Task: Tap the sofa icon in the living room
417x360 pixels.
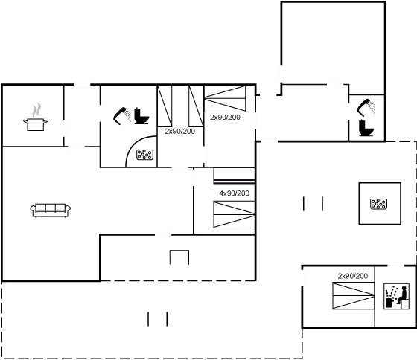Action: point(51,210)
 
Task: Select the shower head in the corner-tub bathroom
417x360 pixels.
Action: point(122,115)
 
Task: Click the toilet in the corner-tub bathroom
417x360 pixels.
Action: point(141,116)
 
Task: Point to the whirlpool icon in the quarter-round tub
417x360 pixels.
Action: point(144,155)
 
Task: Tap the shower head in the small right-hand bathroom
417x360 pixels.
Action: point(366,107)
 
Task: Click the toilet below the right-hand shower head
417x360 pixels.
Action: point(366,128)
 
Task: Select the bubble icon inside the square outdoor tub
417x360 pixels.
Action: point(378,204)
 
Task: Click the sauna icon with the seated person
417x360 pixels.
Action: point(396,296)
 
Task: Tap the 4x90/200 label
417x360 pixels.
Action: point(235,193)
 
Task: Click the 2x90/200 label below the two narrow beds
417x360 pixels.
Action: point(180,131)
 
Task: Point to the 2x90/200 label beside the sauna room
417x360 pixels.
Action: point(353,276)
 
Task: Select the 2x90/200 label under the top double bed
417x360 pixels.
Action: point(225,118)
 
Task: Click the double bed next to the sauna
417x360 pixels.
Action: point(354,296)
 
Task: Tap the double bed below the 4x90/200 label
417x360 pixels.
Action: point(234,214)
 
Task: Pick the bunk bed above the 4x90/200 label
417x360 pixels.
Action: point(234,176)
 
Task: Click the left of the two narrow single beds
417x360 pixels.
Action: point(165,106)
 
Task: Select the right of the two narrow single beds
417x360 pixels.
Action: point(197,106)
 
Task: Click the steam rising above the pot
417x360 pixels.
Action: point(36,110)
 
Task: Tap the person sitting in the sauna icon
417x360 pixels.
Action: point(402,295)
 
